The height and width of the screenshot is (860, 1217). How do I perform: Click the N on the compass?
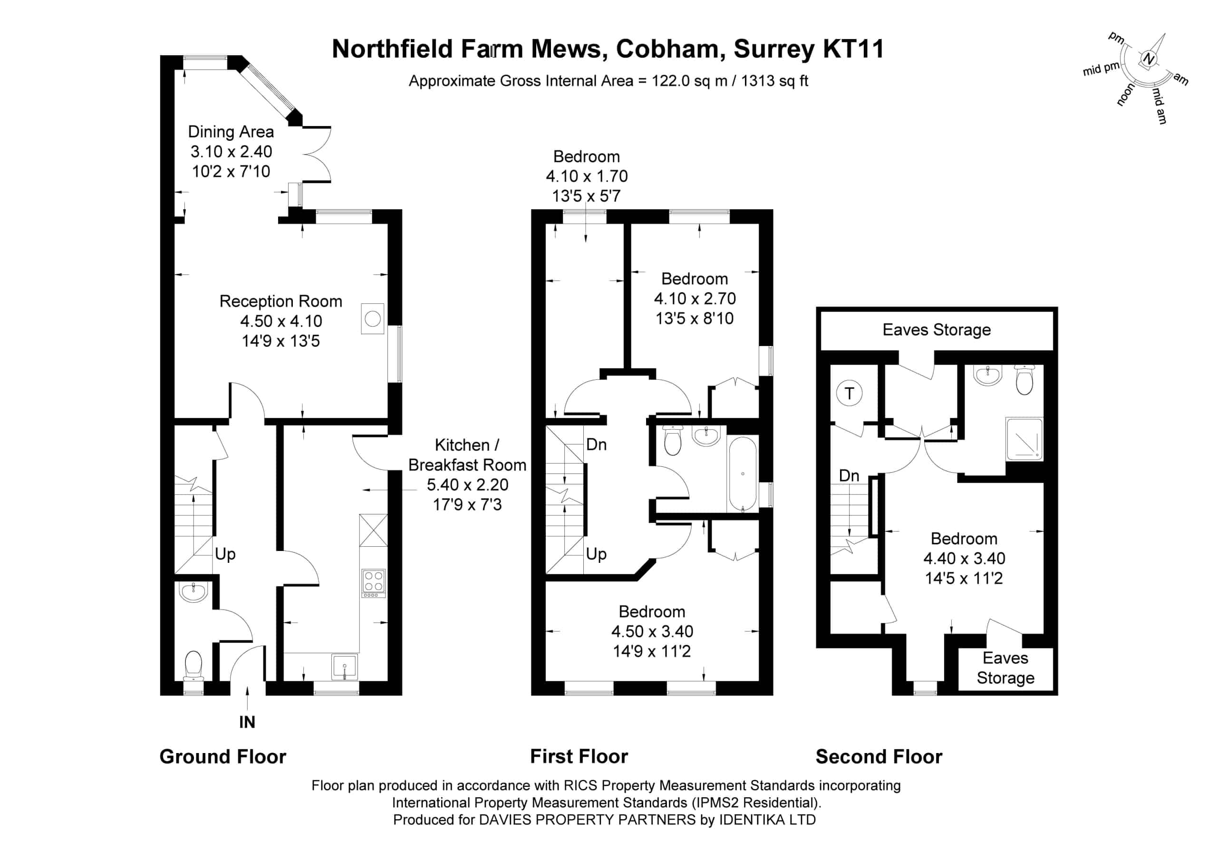(1148, 59)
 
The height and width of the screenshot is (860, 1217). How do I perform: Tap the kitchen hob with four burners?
(374, 584)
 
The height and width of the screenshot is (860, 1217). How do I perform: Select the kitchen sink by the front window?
(345, 667)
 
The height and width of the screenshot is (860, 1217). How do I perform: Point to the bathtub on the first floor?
(743, 474)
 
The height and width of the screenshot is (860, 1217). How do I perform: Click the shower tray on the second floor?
(1024, 439)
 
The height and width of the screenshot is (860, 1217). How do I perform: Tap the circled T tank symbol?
(850, 394)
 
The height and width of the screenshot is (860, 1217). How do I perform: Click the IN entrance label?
(247, 722)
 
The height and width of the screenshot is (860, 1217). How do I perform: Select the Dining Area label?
(231, 132)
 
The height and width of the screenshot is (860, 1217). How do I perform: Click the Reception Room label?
(281, 301)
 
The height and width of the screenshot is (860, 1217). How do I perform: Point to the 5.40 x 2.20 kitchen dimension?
(467, 484)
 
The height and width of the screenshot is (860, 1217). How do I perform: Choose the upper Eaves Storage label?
(937, 330)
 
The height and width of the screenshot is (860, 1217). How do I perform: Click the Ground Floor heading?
(222, 757)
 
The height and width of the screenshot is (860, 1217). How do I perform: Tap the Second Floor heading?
(879, 757)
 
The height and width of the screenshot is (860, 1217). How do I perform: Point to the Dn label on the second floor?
(849, 475)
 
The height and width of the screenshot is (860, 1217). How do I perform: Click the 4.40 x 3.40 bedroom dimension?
(964, 558)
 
